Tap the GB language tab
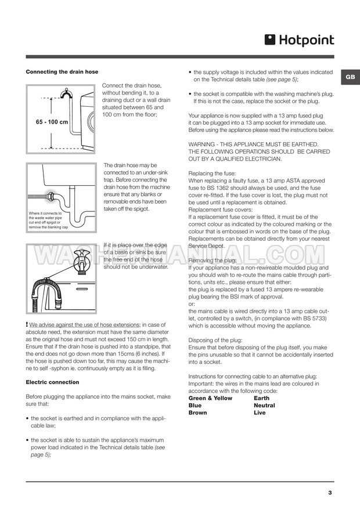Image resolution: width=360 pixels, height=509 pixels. pyautogui.click(x=350, y=77)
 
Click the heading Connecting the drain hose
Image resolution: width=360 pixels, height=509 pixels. pyautogui.click(x=62, y=71)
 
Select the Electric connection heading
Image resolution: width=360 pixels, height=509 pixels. pyautogui.click(x=52, y=382)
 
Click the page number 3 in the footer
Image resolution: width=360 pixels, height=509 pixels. pyautogui.click(x=330, y=493)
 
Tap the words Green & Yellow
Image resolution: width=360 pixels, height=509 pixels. pyautogui.click(x=210, y=398)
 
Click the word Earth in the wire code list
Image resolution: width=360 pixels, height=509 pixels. pyautogui.click(x=261, y=398)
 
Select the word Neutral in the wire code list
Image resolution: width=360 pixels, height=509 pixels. pyautogui.click(x=264, y=405)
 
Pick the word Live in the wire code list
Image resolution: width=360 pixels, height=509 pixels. pyautogui.click(x=260, y=413)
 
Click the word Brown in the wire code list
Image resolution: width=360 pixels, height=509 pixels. pyautogui.click(x=199, y=413)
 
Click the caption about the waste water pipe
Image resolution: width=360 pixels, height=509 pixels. pyautogui.click(x=49, y=221)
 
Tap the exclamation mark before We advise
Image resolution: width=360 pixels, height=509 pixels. pyautogui.click(x=27, y=323)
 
